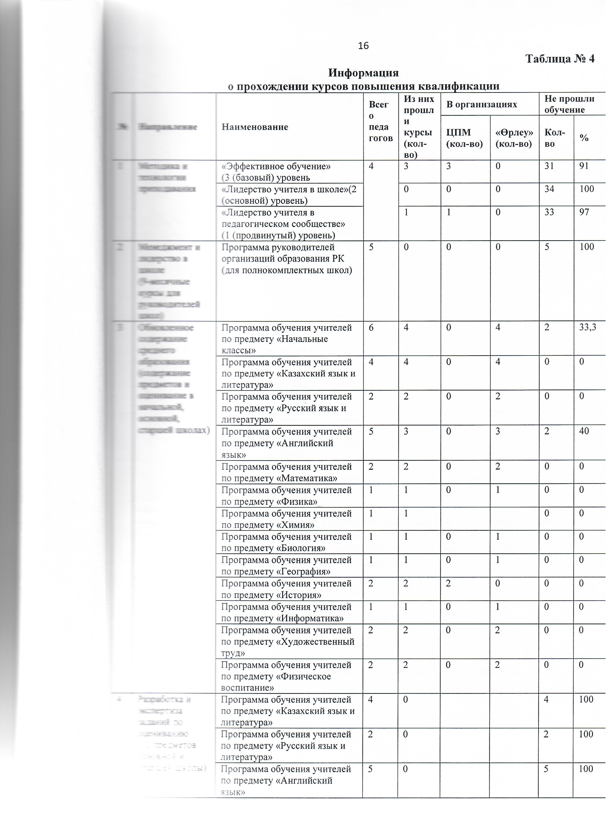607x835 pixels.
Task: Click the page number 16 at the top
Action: (363, 46)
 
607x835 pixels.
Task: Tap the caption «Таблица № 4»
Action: (560, 59)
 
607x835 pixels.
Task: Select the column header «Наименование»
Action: (255, 127)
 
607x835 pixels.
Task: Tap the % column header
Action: (584, 138)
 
